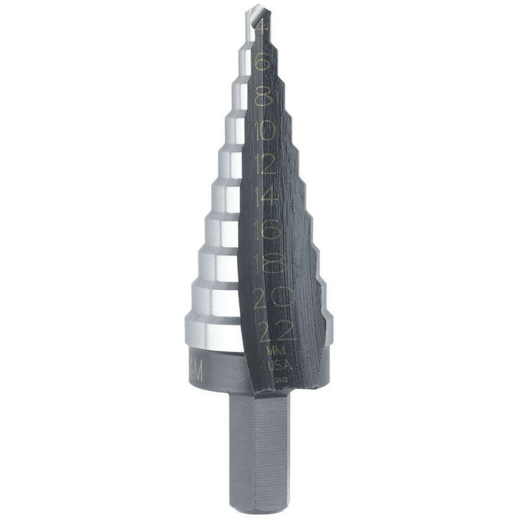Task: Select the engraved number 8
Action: pyautogui.click(x=264, y=96)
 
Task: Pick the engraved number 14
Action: pyautogui.click(x=267, y=196)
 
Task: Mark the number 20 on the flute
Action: pyautogui.click(x=273, y=298)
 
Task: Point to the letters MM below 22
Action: pyautogui.click(x=276, y=352)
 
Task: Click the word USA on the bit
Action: pyautogui.click(x=279, y=366)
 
